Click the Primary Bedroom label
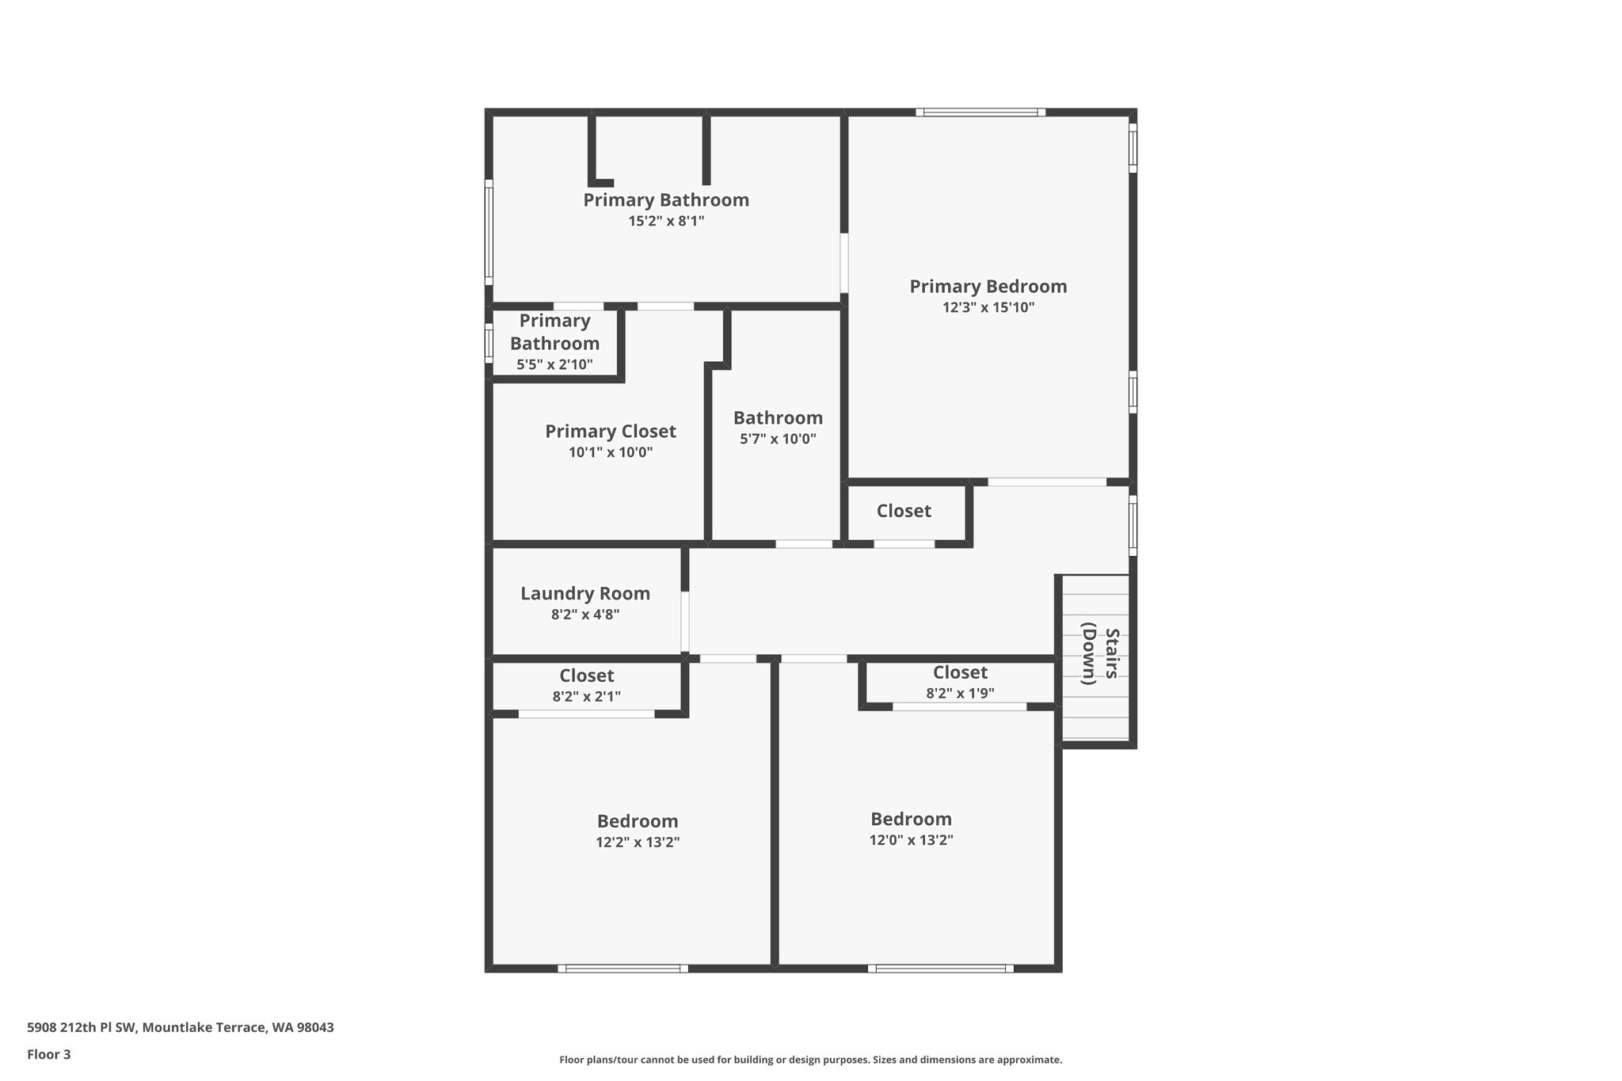click(988, 287)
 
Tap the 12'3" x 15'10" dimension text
click(988, 308)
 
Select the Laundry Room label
click(585, 593)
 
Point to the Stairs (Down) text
click(1100, 654)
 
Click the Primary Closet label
click(610, 432)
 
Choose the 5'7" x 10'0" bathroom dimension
click(778, 439)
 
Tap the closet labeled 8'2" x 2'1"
click(586, 685)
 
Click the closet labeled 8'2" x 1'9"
click(960, 682)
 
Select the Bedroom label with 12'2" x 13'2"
click(638, 821)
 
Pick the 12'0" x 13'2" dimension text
click(911, 840)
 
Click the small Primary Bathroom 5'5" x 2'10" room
click(554, 343)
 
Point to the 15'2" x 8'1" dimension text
click(666, 221)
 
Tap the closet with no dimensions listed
click(904, 512)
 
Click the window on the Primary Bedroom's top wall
click(980, 112)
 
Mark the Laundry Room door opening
click(684, 621)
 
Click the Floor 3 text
click(49, 1054)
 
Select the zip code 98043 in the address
click(314, 1028)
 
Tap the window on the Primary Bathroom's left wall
click(489, 232)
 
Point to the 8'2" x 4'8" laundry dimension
click(585, 615)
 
